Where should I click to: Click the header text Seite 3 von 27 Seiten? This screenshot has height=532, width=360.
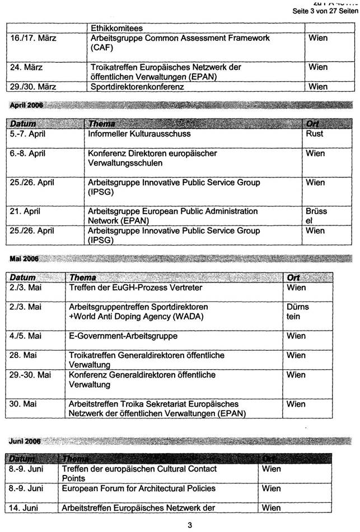click(325, 12)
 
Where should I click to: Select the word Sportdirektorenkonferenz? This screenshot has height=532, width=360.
click(137, 87)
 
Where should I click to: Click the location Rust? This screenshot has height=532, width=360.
click(315, 134)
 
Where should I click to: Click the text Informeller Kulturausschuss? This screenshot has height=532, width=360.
click(139, 134)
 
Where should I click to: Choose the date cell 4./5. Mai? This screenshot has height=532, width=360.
click(26, 336)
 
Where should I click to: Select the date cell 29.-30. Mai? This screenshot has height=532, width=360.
click(30, 375)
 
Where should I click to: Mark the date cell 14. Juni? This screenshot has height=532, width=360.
click(26, 508)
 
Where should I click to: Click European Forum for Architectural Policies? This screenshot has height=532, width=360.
click(139, 488)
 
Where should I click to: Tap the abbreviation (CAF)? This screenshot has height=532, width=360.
click(101, 48)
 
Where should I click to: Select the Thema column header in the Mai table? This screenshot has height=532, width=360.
click(83, 277)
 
